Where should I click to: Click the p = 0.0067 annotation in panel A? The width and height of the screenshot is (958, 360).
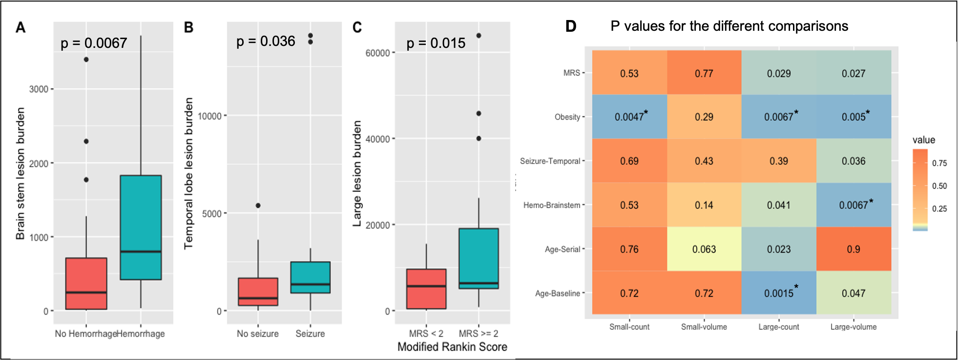pos(93,43)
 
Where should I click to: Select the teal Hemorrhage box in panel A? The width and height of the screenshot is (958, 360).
pos(141,227)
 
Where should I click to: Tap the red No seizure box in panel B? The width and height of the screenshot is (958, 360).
pos(258,292)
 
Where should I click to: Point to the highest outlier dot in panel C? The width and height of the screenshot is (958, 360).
pos(479,36)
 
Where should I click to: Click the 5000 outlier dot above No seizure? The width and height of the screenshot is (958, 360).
pos(258,206)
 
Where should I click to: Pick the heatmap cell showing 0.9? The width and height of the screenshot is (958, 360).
pos(854,249)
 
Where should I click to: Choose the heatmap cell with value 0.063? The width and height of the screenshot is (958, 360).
pos(704,249)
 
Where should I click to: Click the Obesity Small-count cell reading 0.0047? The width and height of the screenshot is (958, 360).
pos(629,117)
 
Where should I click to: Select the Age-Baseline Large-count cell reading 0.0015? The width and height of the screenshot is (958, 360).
pos(779,293)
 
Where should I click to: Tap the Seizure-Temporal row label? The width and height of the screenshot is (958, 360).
pos(550,161)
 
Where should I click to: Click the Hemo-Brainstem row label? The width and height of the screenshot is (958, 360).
pos(552,205)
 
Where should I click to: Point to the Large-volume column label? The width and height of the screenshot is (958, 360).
pos(854,327)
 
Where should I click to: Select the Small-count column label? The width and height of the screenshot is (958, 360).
pos(629,327)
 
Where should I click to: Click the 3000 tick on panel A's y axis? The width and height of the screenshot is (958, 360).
pos(39,89)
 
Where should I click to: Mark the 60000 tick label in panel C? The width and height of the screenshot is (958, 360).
pos(377,53)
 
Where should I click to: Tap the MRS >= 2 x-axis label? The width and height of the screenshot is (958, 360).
pos(479,334)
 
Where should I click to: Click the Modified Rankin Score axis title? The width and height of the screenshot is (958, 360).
pos(452,347)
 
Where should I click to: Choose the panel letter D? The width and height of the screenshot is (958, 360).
pos(571,26)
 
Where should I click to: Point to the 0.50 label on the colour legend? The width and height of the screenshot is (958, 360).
pos(939,186)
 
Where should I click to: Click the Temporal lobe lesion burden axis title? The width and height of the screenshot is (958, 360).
pos(188,173)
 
